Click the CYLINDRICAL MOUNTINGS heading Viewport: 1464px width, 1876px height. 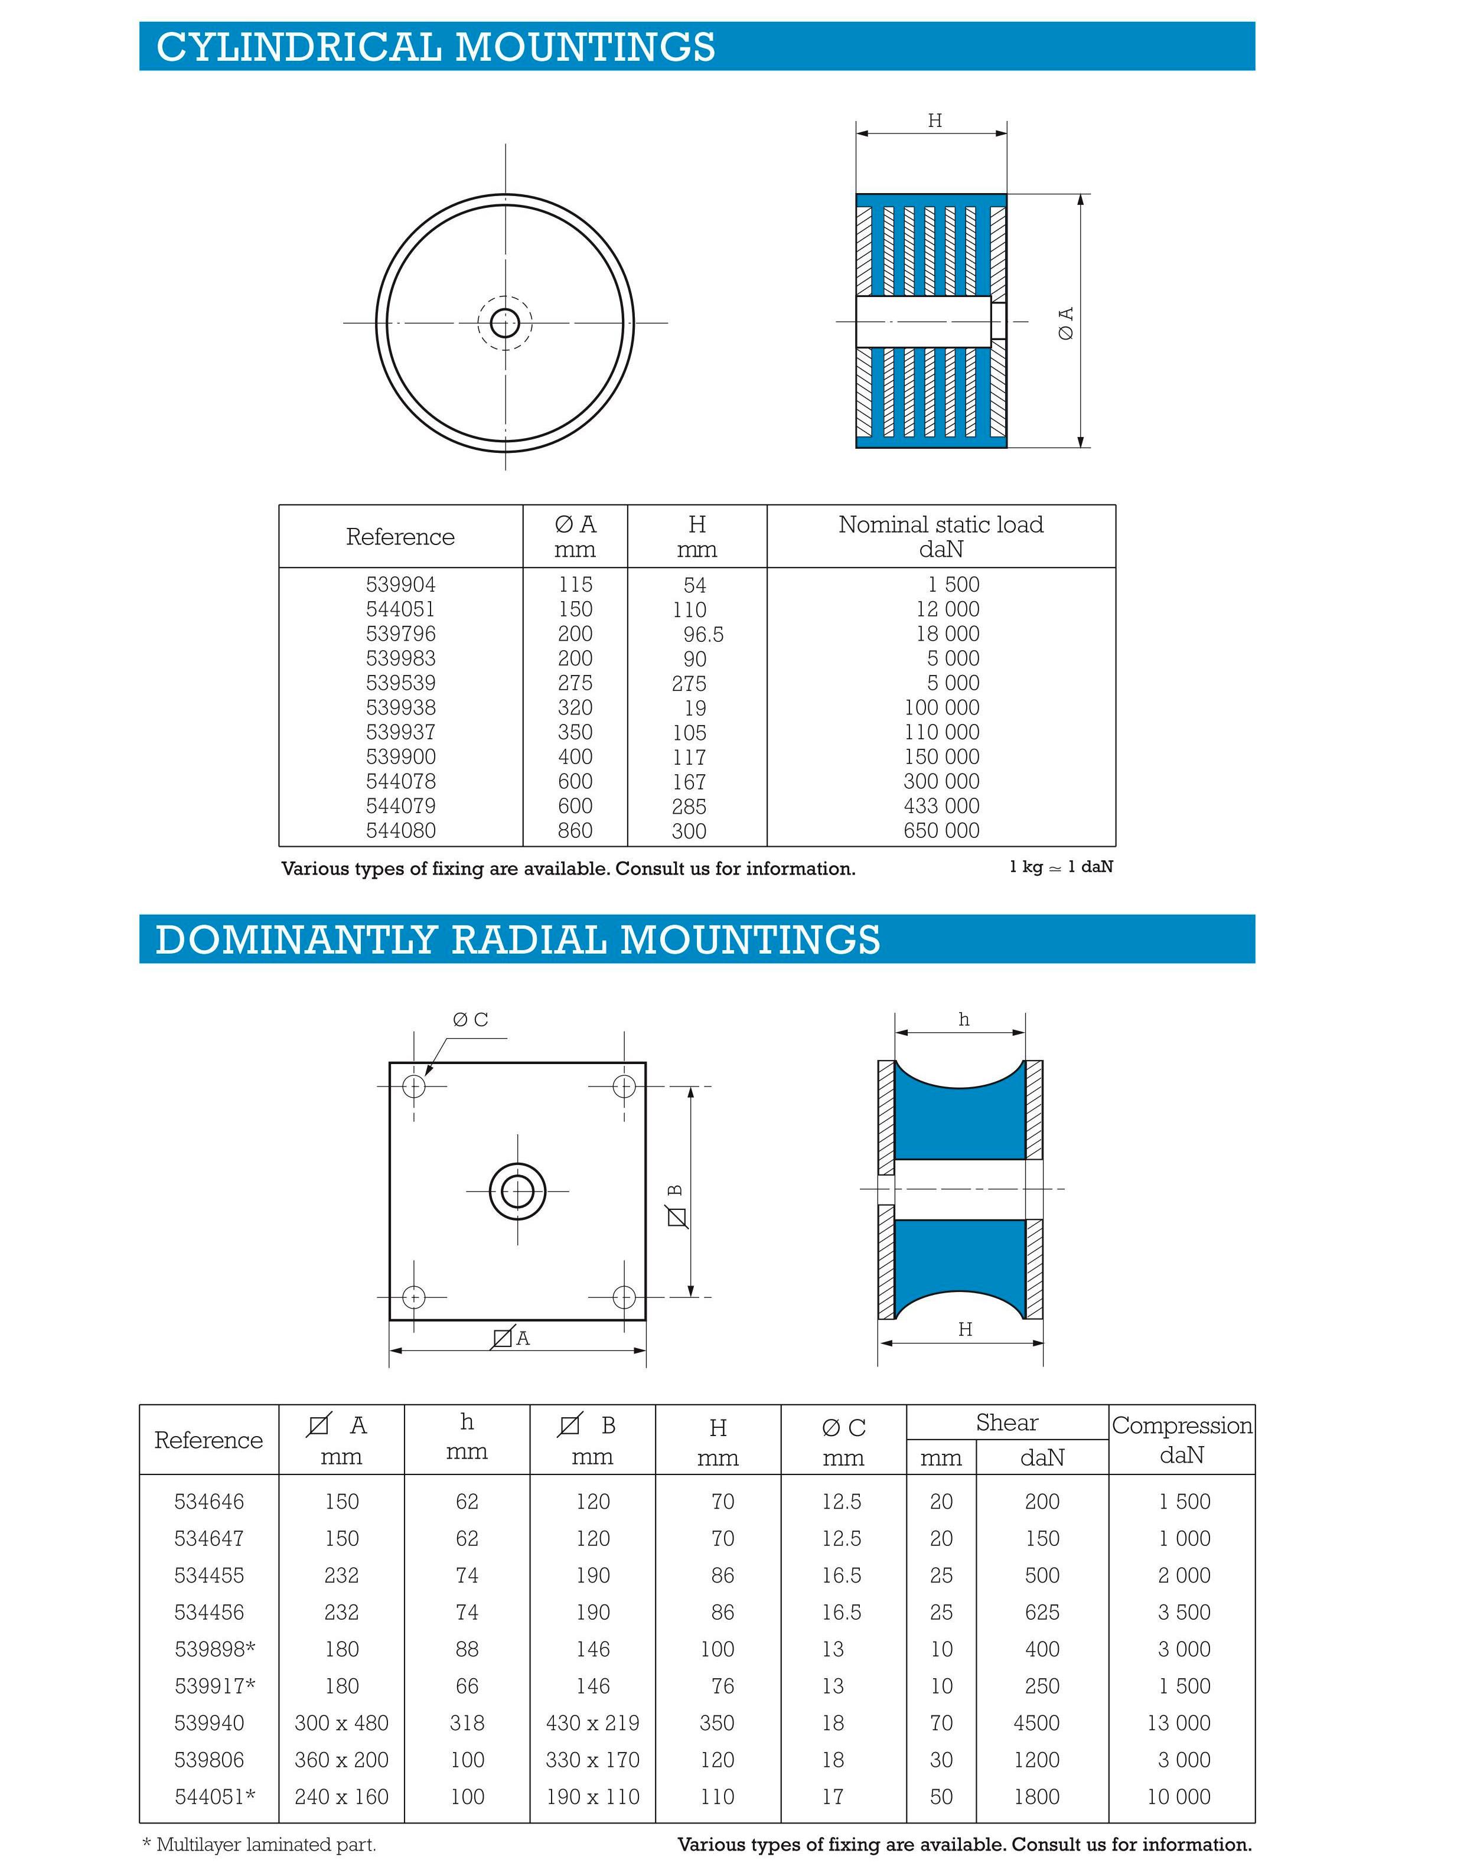tap(436, 47)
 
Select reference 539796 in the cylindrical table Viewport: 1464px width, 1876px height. tap(400, 634)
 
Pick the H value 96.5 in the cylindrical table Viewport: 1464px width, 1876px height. tap(703, 635)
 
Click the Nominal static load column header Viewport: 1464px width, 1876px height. tap(941, 536)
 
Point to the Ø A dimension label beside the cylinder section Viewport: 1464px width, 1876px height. tap(1065, 323)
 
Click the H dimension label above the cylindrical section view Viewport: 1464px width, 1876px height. tap(935, 121)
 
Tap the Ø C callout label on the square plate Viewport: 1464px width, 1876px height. tap(471, 1020)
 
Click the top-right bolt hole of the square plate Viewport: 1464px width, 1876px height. tap(624, 1087)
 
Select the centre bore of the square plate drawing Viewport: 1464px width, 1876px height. tap(517, 1192)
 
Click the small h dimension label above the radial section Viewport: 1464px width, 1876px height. tap(964, 1020)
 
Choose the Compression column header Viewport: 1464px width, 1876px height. tap(1181, 1440)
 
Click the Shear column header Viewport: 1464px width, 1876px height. tap(1007, 1423)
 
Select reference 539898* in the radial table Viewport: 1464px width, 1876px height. tap(215, 1649)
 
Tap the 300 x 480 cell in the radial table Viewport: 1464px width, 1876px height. tap(341, 1723)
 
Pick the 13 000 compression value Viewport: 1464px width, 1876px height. tap(1179, 1723)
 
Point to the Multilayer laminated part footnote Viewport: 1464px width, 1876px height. tap(259, 1844)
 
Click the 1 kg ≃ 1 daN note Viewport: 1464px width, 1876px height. tap(1061, 867)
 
